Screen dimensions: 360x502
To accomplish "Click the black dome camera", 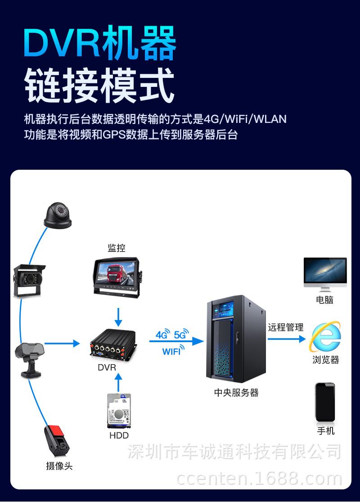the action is (x=58, y=216).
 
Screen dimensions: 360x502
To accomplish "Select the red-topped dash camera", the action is (x=57, y=440).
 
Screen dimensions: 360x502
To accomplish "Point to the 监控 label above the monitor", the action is (x=117, y=248).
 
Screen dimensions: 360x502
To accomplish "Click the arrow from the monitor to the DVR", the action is (x=118, y=317).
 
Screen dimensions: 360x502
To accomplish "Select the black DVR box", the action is (x=113, y=345).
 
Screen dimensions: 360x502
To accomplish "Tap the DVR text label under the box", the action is (x=107, y=367).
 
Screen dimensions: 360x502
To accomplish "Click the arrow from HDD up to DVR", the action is (x=118, y=383).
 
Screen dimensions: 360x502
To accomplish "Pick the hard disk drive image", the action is (x=119, y=411).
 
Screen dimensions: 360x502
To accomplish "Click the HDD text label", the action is (x=119, y=435).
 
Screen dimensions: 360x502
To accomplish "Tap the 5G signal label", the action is (x=181, y=334).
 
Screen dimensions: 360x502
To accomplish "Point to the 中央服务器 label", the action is (x=236, y=393).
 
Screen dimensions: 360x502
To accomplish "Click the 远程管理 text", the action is (x=285, y=327).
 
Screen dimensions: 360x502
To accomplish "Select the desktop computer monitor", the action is (x=325, y=274).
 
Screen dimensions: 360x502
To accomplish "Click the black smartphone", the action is (x=325, y=402).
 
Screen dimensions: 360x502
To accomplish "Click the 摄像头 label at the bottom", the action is (x=59, y=466).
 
